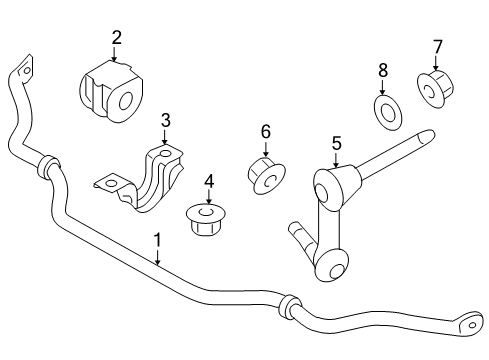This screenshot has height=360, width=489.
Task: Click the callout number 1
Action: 157,240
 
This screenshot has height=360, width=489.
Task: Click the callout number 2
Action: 116,38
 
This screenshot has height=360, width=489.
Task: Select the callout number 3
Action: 166,120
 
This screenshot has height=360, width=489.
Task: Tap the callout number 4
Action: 208,181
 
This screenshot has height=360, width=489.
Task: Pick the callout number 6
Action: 266,131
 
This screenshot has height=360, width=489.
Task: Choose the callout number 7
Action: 437,46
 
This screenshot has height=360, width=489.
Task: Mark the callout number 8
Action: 382,70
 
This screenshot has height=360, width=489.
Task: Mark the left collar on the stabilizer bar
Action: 45,165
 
